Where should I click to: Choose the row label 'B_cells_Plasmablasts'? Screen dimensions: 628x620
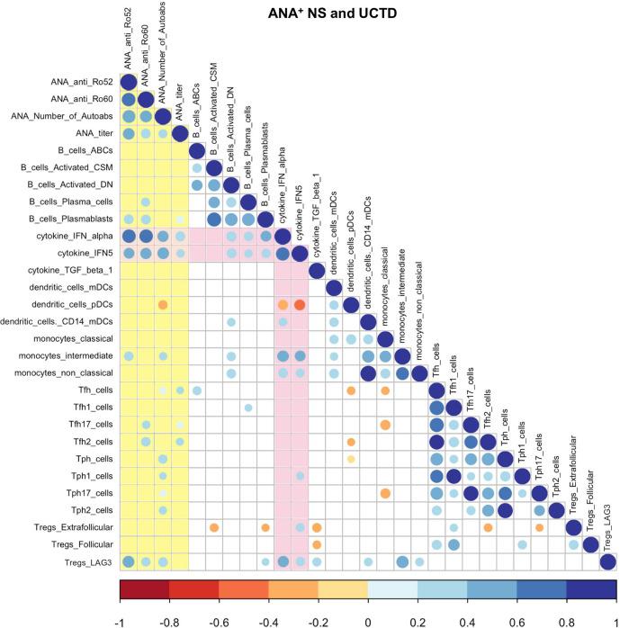[x=67, y=220]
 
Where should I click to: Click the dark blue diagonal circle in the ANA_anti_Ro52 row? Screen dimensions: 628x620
[x=129, y=83]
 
